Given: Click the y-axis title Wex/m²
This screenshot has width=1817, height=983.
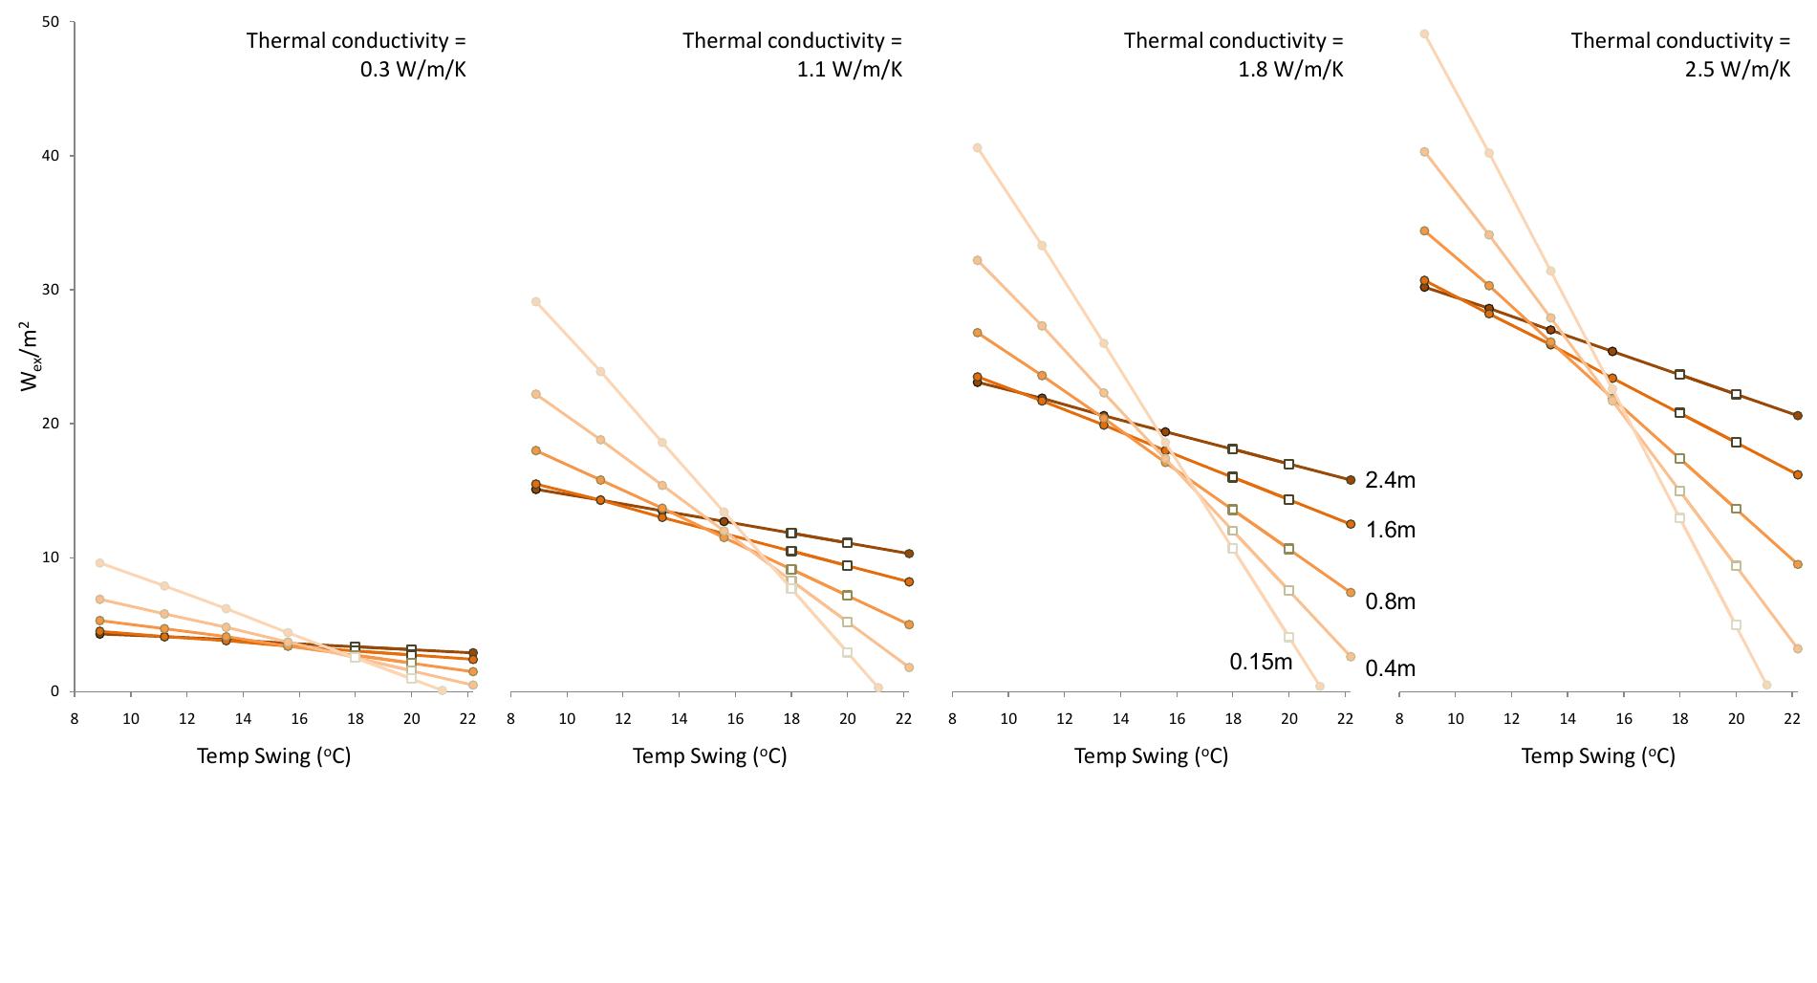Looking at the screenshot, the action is coord(31,356).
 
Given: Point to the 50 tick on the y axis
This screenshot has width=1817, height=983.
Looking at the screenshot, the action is coord(52,22).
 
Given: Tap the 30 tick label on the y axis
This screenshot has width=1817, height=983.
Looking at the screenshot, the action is coord(52,290).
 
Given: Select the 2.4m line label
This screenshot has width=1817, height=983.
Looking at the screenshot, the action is coord(1390,480).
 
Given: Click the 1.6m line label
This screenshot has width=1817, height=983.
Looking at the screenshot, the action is coord(1390,530).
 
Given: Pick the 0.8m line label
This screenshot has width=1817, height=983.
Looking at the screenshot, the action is coord(1390,601).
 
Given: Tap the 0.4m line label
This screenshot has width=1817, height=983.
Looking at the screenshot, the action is coord(1390,668).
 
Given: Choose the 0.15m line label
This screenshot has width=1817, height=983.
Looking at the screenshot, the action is coord(1261,662).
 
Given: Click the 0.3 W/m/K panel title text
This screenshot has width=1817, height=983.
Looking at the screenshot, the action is coord(357,55).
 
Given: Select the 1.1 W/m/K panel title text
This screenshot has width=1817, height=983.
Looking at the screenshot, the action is coord(792,55).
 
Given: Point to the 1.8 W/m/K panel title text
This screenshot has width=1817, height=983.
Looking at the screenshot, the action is coord(1234,55).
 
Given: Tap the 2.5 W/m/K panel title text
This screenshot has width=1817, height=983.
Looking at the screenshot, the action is coord(1680,55).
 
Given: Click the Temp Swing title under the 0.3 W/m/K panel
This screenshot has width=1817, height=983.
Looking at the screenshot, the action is coord(274,755).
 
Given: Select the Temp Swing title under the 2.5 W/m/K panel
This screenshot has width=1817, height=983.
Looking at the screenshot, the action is coord(1598,755).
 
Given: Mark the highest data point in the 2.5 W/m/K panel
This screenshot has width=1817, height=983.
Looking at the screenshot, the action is coord(1424,34).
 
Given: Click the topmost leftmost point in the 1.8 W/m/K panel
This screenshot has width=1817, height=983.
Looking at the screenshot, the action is coord(977,148).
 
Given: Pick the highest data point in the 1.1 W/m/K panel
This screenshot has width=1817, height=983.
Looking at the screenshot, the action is coord(536,302).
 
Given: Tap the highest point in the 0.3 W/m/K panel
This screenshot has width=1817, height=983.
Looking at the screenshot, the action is coord(99,563).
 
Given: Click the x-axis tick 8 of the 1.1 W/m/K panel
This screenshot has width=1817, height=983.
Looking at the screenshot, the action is coord(511,719).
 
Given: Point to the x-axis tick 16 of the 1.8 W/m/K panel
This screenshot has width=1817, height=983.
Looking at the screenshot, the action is coord(1177,719).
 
